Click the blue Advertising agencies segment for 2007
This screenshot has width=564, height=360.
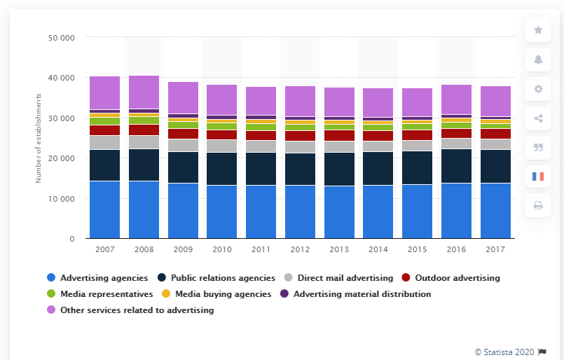coord(104,209)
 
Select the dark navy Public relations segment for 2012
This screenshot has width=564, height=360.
coord(300,169)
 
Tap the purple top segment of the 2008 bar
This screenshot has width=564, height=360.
coord(144,92)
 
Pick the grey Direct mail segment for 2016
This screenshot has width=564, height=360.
coord(456,144)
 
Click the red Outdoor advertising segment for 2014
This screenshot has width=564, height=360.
coord(378,136)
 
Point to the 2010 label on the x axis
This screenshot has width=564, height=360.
coord(221,250)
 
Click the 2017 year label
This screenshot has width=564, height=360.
coord(495,250)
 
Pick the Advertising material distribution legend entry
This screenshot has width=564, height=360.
coord(362,294)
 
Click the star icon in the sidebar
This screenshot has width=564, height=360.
coord(538,30)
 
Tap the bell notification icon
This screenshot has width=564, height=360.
coord(538,60)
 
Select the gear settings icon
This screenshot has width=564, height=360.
coord(538,89)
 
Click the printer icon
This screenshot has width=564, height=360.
coord(538,205)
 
